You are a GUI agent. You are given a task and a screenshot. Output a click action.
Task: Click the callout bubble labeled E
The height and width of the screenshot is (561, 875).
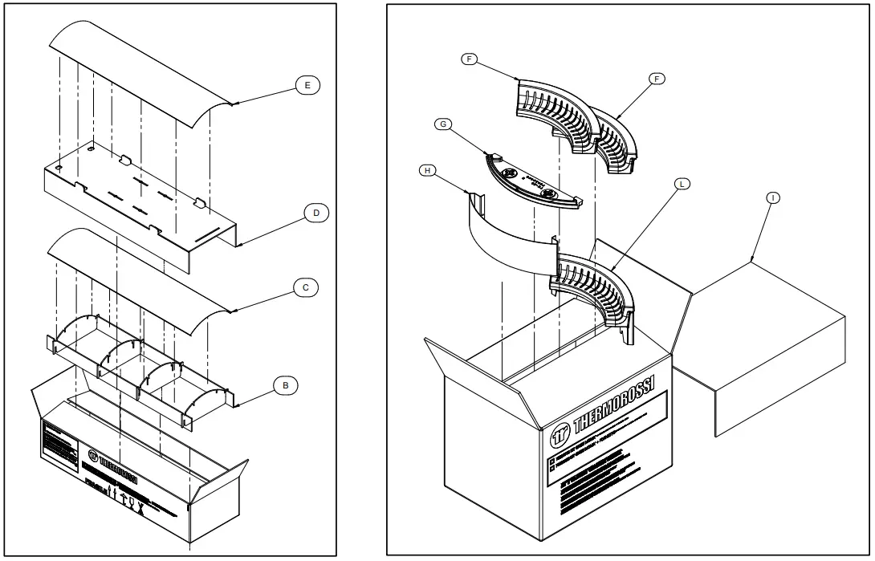pos(308,84)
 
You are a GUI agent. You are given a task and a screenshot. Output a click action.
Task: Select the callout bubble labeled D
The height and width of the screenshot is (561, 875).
pos(316,213)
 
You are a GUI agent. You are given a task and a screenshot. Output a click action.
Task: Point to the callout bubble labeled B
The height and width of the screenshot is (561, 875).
pos(285,385)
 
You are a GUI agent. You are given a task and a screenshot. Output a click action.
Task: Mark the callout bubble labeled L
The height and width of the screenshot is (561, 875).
pos(681,184)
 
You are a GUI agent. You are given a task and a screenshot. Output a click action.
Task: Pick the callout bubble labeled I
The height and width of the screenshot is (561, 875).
pos(770,197)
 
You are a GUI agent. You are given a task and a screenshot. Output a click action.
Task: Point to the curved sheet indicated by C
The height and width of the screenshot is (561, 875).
pos(136,273)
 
